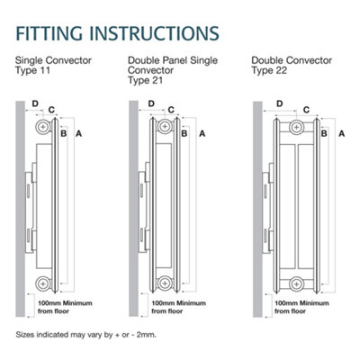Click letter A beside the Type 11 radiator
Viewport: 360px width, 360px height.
coord(80,133)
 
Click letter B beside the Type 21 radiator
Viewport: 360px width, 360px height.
coord(184,133)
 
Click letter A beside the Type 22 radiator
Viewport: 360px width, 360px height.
coord(342,133)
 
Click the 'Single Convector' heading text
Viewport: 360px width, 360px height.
coord(47,63)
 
